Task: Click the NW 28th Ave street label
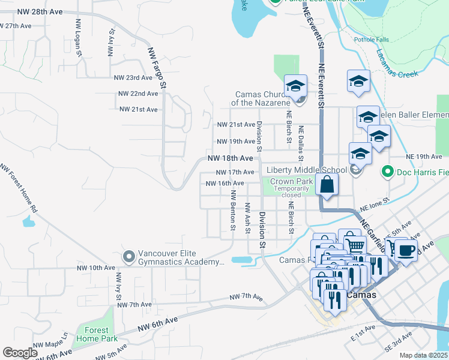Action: coord(40,11)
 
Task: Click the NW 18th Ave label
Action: coord(231,158)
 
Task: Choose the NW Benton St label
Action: coord(233,210)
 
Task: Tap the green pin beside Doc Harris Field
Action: coord(387,172)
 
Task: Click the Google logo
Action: coord(20,352)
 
